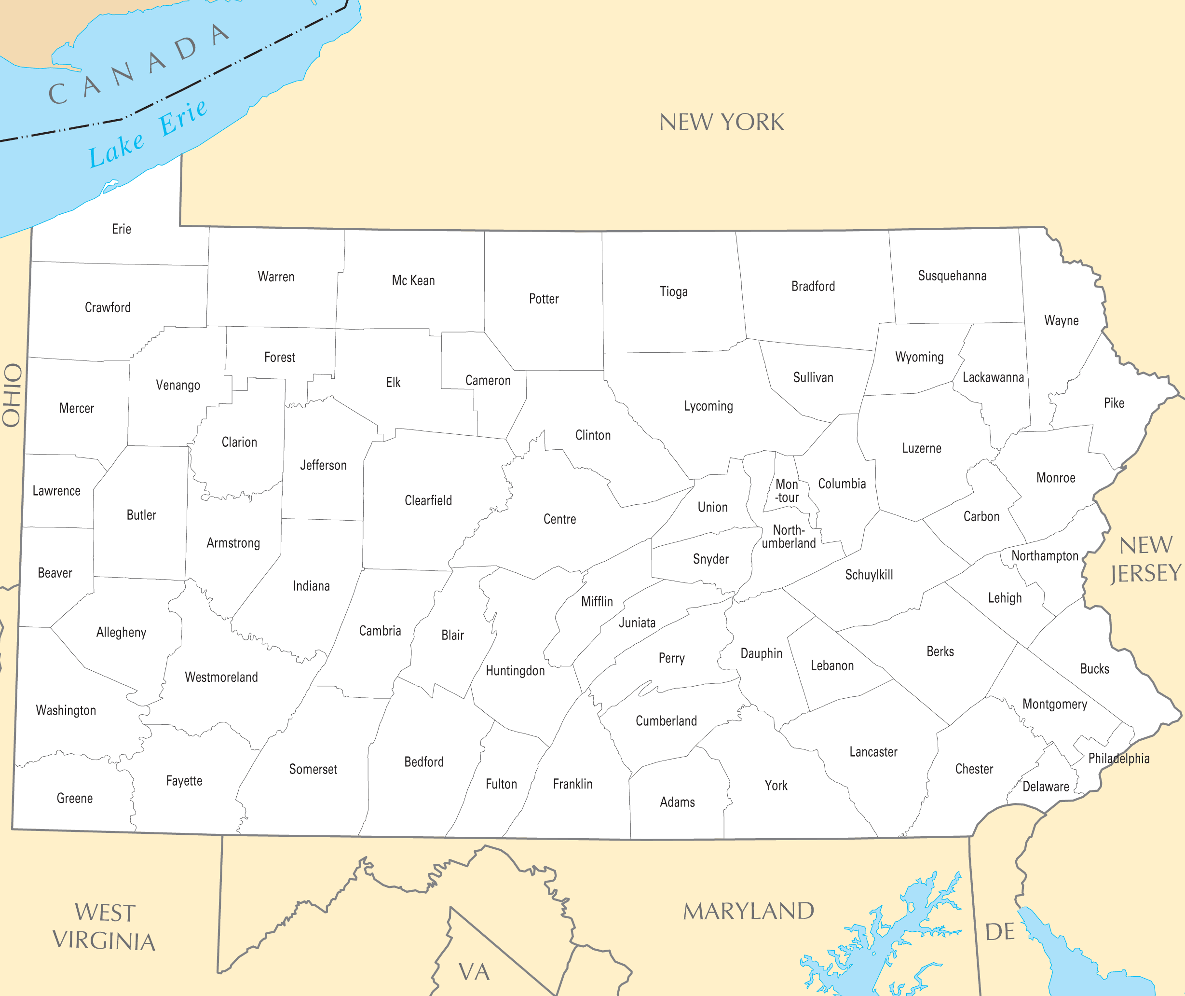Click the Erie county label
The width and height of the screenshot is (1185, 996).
coord(122,229)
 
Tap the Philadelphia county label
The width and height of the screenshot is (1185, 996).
coord(1118,758)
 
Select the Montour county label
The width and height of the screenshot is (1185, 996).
coord(787,491)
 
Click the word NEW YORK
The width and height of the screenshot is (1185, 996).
coord(722,122)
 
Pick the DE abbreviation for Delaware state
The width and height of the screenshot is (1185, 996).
coord(1000,932)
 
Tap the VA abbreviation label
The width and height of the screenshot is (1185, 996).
coord(474,972)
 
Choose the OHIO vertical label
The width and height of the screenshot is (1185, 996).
coord(13,395)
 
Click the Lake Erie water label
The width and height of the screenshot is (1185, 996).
coord(148,134)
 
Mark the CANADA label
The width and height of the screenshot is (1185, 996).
coord(138,64)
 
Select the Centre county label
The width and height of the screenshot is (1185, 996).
coord(560,519)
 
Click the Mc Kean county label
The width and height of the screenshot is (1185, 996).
coord(413,281)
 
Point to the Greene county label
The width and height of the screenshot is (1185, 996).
coord(74,798)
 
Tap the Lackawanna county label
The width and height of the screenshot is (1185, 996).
coord(993,377)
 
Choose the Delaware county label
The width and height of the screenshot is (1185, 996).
coord(1046,787)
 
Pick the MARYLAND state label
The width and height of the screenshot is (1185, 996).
coord(748,911)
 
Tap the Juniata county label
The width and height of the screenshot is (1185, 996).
coord(637,623)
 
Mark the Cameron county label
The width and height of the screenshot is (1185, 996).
coord(488,381)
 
